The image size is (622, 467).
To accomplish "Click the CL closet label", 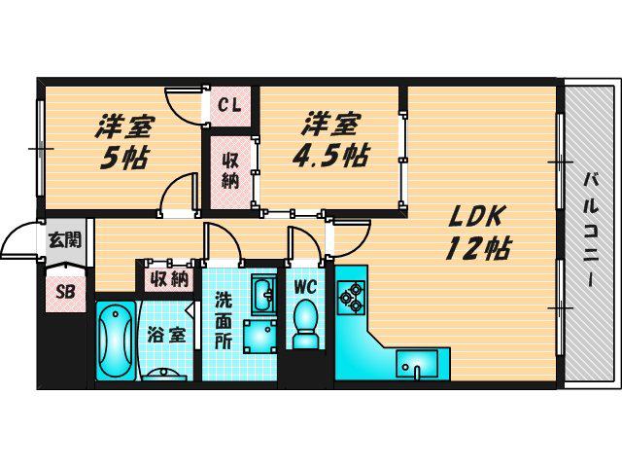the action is click(x=230, y=106).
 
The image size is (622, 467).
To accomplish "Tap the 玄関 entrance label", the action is click(x=65, y=240).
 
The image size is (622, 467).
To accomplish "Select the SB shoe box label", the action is click(x=65, y=292).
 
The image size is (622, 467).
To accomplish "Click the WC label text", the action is click(x=305, y=286).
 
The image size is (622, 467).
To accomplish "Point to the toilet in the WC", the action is click(x=305, y=324).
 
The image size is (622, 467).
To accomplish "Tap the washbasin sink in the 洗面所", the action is click(x=263, y=297).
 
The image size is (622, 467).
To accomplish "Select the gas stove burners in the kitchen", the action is click(x=351, y=296).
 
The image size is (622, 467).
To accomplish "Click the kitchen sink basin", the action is click(x=417, y=365).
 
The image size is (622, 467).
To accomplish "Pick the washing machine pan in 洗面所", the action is click(x=259, y=336).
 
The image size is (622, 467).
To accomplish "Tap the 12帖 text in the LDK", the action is click(x=478, y=249).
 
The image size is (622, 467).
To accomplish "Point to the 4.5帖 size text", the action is click(x=330, y=156).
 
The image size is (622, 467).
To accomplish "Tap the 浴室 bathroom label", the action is click(x=167, y=335).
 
